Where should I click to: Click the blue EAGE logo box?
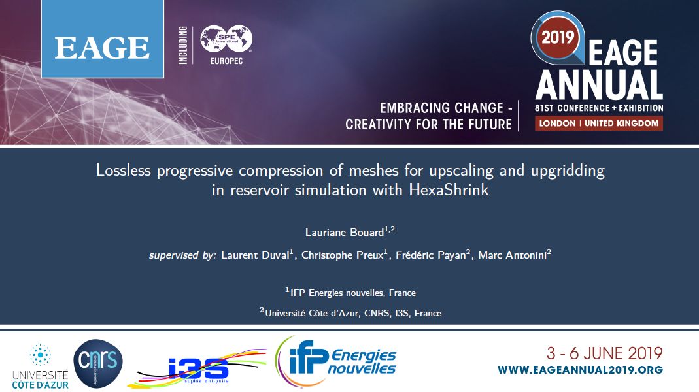pyautogui.click(x=103, y=39)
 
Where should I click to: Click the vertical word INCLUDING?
pyautogui.click(x=183, y=45)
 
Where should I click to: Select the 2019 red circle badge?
pyautogui.click(x=558, y=37)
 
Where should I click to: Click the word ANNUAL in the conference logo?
pyautogui.click(x=599, y=85)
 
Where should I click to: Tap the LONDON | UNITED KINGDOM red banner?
pyautogui.click(x=599, y=123)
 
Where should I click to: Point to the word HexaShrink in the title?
pyautogui.click(x=449, y=190)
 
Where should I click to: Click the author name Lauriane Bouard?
pyautogui.click(x=345, y=232)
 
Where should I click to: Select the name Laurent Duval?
pyautogui.click(x=255, y=255)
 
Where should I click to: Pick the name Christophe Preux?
pyautogui.click(x=343, y=255)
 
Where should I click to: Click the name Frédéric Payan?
pyautogui.click(x=431, y=255)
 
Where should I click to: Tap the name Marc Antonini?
pyautogui.click(x=512, y=255)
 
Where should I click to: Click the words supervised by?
pyautogui.click(x=183, y=255)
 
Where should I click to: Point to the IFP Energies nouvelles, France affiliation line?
pyautogui.click(x=350, y=293)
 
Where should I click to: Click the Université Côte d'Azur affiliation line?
pyautogui.click(x=350, y=313)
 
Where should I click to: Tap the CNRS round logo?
pyautogui.click(x=98, y=363)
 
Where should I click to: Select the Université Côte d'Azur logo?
pyautogui.click(x=40, y=366)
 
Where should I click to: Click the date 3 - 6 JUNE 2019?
pyautogui.click(x=604, y=353)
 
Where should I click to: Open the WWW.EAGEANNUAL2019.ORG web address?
pyautogui.click(x=581, y=370)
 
